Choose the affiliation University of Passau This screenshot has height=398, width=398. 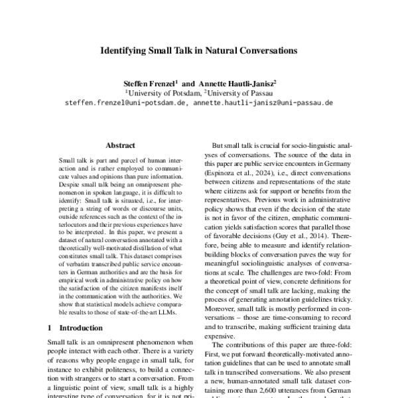click(246, 94)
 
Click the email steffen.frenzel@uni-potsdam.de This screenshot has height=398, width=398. click(126, 103)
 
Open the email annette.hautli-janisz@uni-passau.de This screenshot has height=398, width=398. click(263, 103)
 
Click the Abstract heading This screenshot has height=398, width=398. click(120, 145)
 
